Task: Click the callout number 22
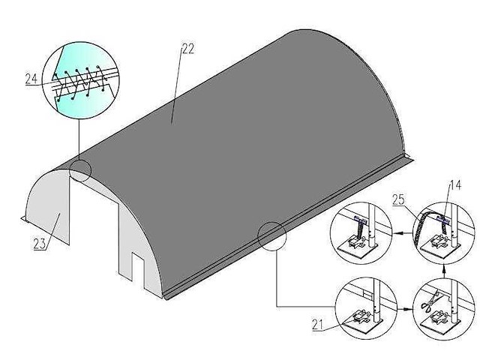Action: [187, 49]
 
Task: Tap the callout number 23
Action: [39, 242]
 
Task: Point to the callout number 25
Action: [399, 199]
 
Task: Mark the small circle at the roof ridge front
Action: [79, 169]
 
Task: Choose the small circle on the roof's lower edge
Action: [271, 235]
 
